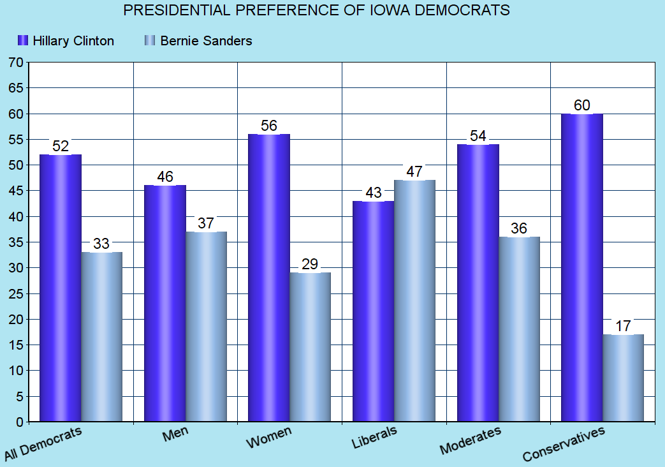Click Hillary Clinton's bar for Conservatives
pos(581,268)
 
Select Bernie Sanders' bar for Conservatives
pos(623,378)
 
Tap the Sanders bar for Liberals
pos(414,300)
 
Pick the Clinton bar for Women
pos(268,278)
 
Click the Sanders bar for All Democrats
pos(101,337)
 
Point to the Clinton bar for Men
pos(164,303)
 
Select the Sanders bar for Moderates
pos(519,329)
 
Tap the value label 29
pos(310,264)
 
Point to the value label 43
pos(373,192)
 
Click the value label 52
pos(60,146)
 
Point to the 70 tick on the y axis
pos(15,63)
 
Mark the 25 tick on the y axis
pos(15,294)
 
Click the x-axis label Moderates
pos(471,441)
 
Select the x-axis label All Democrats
pos(43,444)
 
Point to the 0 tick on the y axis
pos(19,422)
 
